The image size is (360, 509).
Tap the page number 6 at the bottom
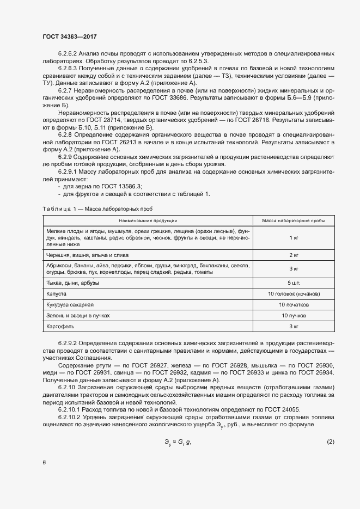(44, 462)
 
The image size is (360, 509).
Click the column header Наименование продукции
(148, 220)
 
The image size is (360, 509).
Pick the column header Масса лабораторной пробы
(294, 220)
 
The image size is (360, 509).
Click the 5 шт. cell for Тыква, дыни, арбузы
(294, 283)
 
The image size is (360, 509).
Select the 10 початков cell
(294, 305)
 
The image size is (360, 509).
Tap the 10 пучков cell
(294, 316)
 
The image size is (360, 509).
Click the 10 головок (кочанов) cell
(294, 294)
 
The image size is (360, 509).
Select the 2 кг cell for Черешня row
(294, 255)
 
